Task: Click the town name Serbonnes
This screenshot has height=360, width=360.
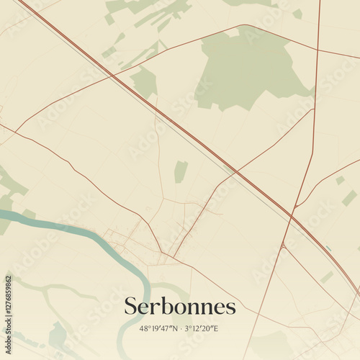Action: [x=180, y=307]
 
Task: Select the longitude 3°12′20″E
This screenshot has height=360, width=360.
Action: [x=201, y=329]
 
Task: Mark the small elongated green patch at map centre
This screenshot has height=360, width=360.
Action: [x=180, y=171]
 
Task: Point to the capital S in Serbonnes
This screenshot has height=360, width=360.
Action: [x=131, y=307]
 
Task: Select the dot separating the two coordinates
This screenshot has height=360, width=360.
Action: [x=180, y=329]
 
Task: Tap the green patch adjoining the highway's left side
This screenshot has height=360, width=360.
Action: [x=144, y=81]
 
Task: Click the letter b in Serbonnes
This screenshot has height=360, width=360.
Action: [x=166, y=306]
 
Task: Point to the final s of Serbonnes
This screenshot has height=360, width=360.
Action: [x=230, y=308]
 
